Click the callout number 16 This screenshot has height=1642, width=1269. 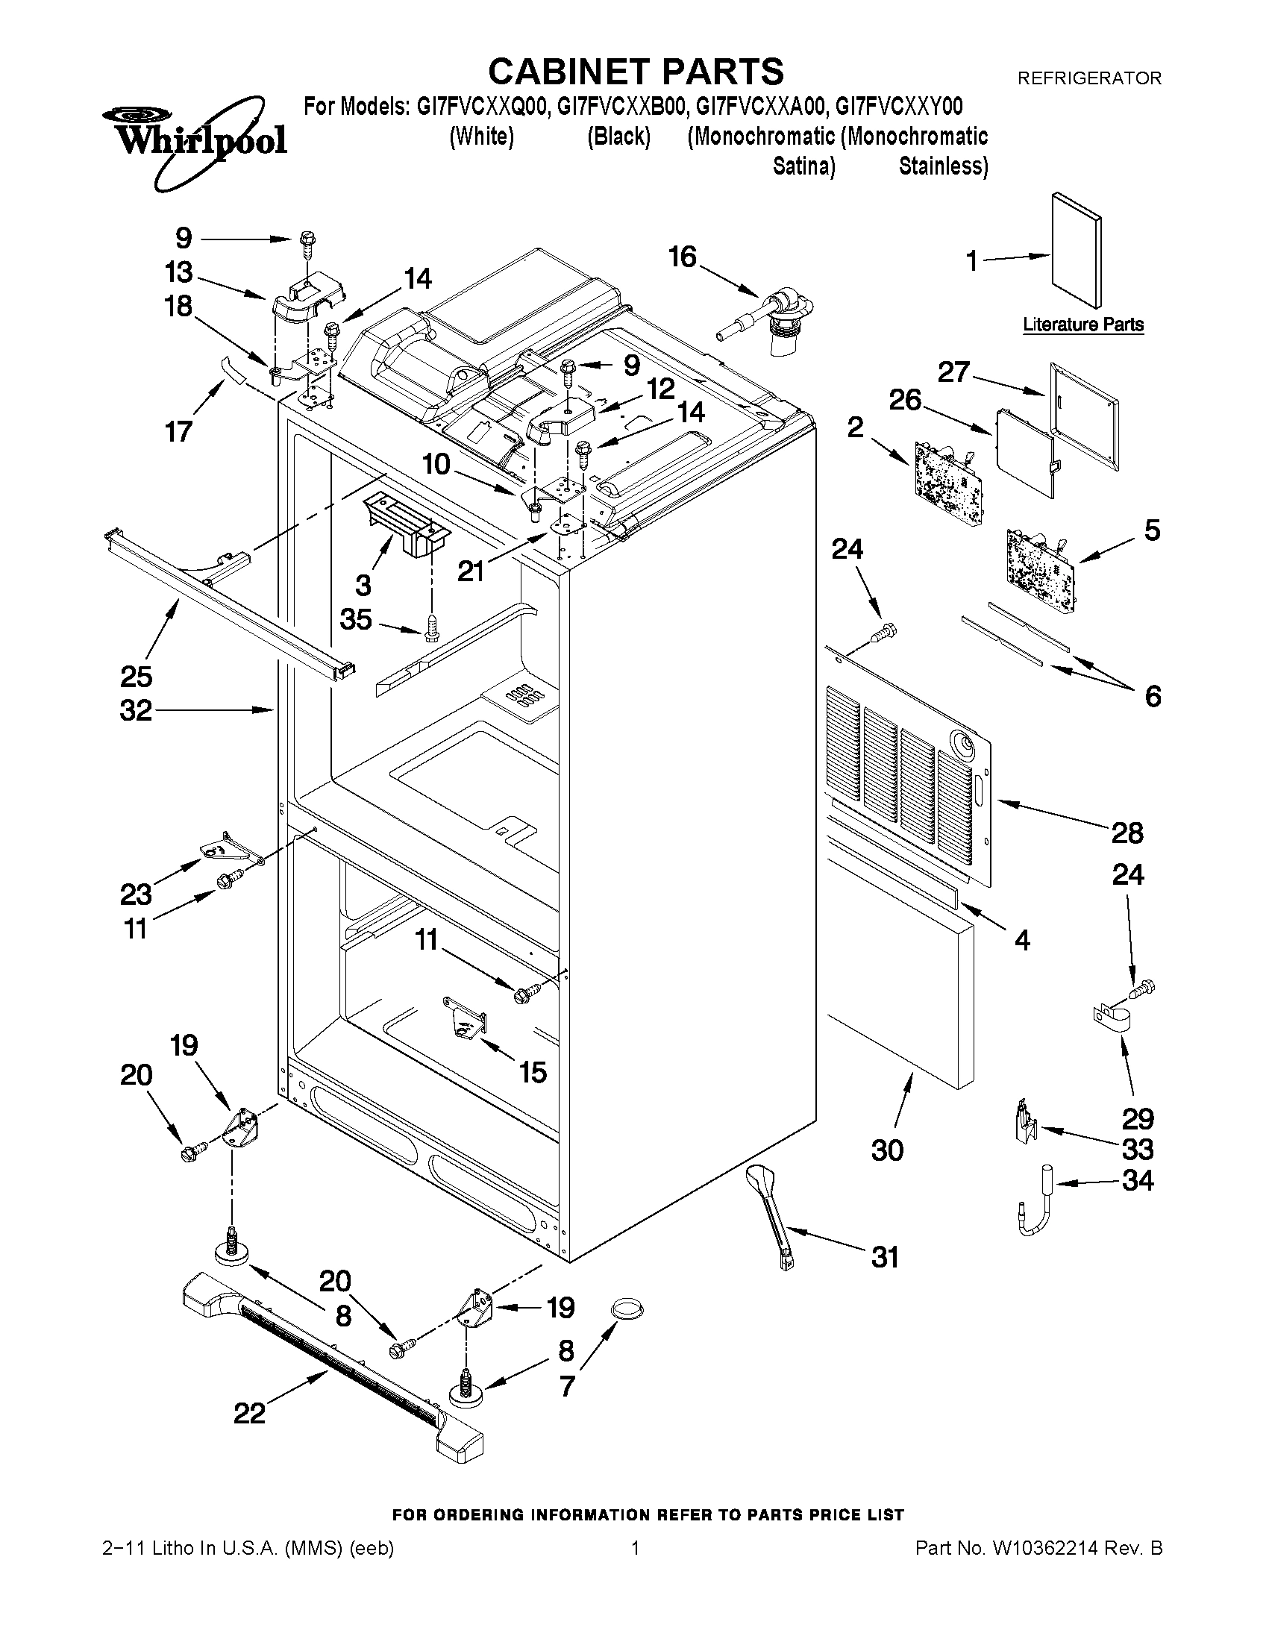pos(683,257)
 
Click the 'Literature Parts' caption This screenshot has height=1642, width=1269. pos(1082,325)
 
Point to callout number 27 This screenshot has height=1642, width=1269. pos(953,372)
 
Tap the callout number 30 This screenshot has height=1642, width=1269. pos(887,1150)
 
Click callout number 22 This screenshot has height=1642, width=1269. pos(250,1414)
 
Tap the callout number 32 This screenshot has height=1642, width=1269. pos(136,710)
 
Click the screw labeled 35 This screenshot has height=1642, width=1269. pos(430,627)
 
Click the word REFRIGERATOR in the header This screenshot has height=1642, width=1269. pos(1088,78)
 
